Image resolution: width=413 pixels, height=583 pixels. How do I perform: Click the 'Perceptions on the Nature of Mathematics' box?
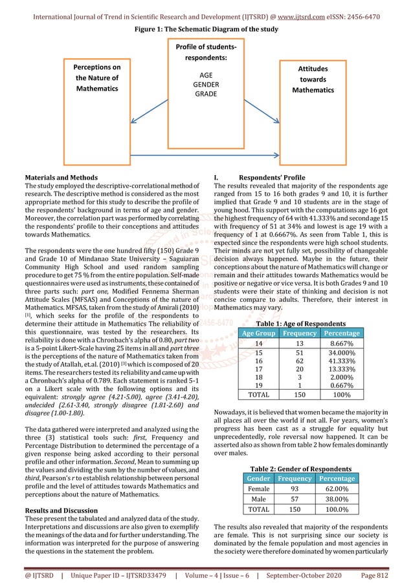[x=96, y=78]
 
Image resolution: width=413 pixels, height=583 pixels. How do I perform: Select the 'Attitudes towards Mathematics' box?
[x=313, y=79]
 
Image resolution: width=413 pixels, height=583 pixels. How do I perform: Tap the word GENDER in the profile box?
[x=206, y=85]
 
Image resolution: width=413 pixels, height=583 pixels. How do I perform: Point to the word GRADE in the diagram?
[x=206, y=94]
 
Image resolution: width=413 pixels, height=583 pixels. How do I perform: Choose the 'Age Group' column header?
[x=258, y=333]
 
